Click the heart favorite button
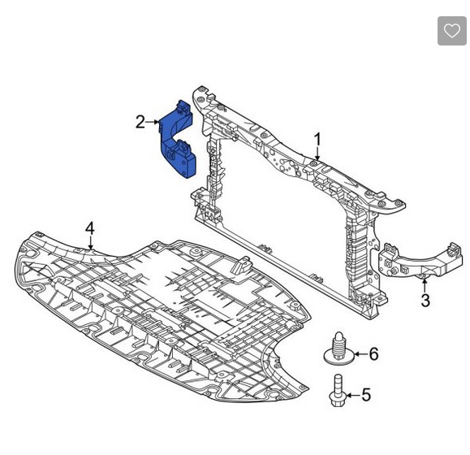451,31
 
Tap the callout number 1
317,140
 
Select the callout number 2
140,122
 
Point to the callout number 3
425,301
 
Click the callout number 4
90,228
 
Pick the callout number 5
366,395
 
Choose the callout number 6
373,354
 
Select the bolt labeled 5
338,391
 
